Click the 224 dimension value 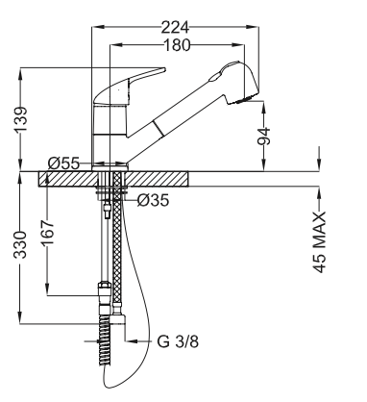(175, 28)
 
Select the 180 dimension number (177, 45)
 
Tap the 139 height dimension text (21, 119)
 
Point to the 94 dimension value (264, 136)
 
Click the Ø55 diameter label (63, 163)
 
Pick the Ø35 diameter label (153, 201)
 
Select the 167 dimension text (48, 232)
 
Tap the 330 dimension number (21, 244)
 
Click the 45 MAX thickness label (319, 242)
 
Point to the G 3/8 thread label (178, 341)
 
